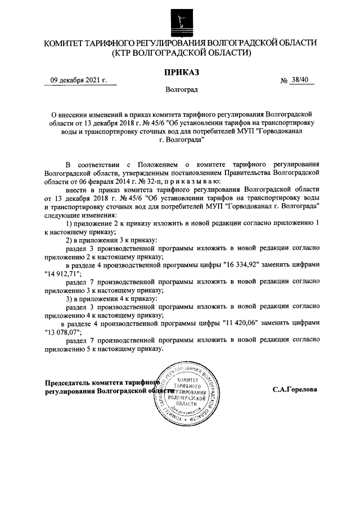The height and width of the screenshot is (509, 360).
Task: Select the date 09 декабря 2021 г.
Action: click(79, 80)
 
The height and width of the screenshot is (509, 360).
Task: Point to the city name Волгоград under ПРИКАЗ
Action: click(181, 89)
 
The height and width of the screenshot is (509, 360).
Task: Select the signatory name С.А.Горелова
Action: click(294, 389)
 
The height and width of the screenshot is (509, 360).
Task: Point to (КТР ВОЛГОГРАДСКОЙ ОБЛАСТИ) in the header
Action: click(181, 53)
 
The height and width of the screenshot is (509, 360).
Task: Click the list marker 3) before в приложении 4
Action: click(70, 299)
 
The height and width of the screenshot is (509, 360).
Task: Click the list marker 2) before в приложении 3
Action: click(70, 240)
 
